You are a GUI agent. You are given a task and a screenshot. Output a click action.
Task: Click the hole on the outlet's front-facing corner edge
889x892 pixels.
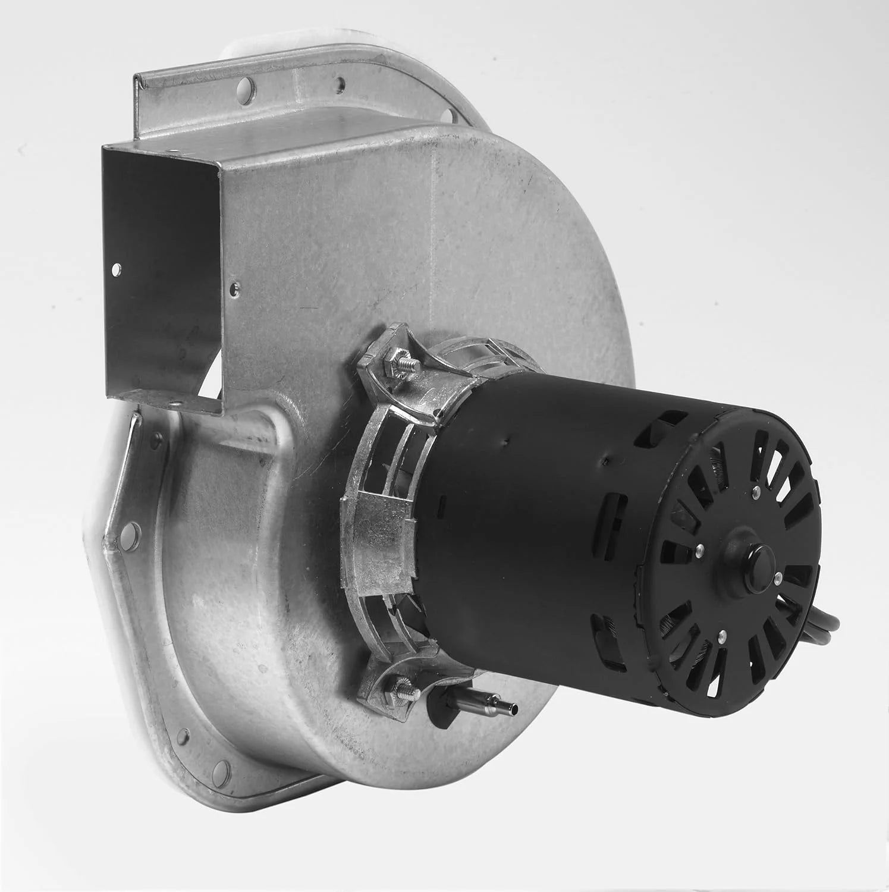[x=236, y=287]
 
